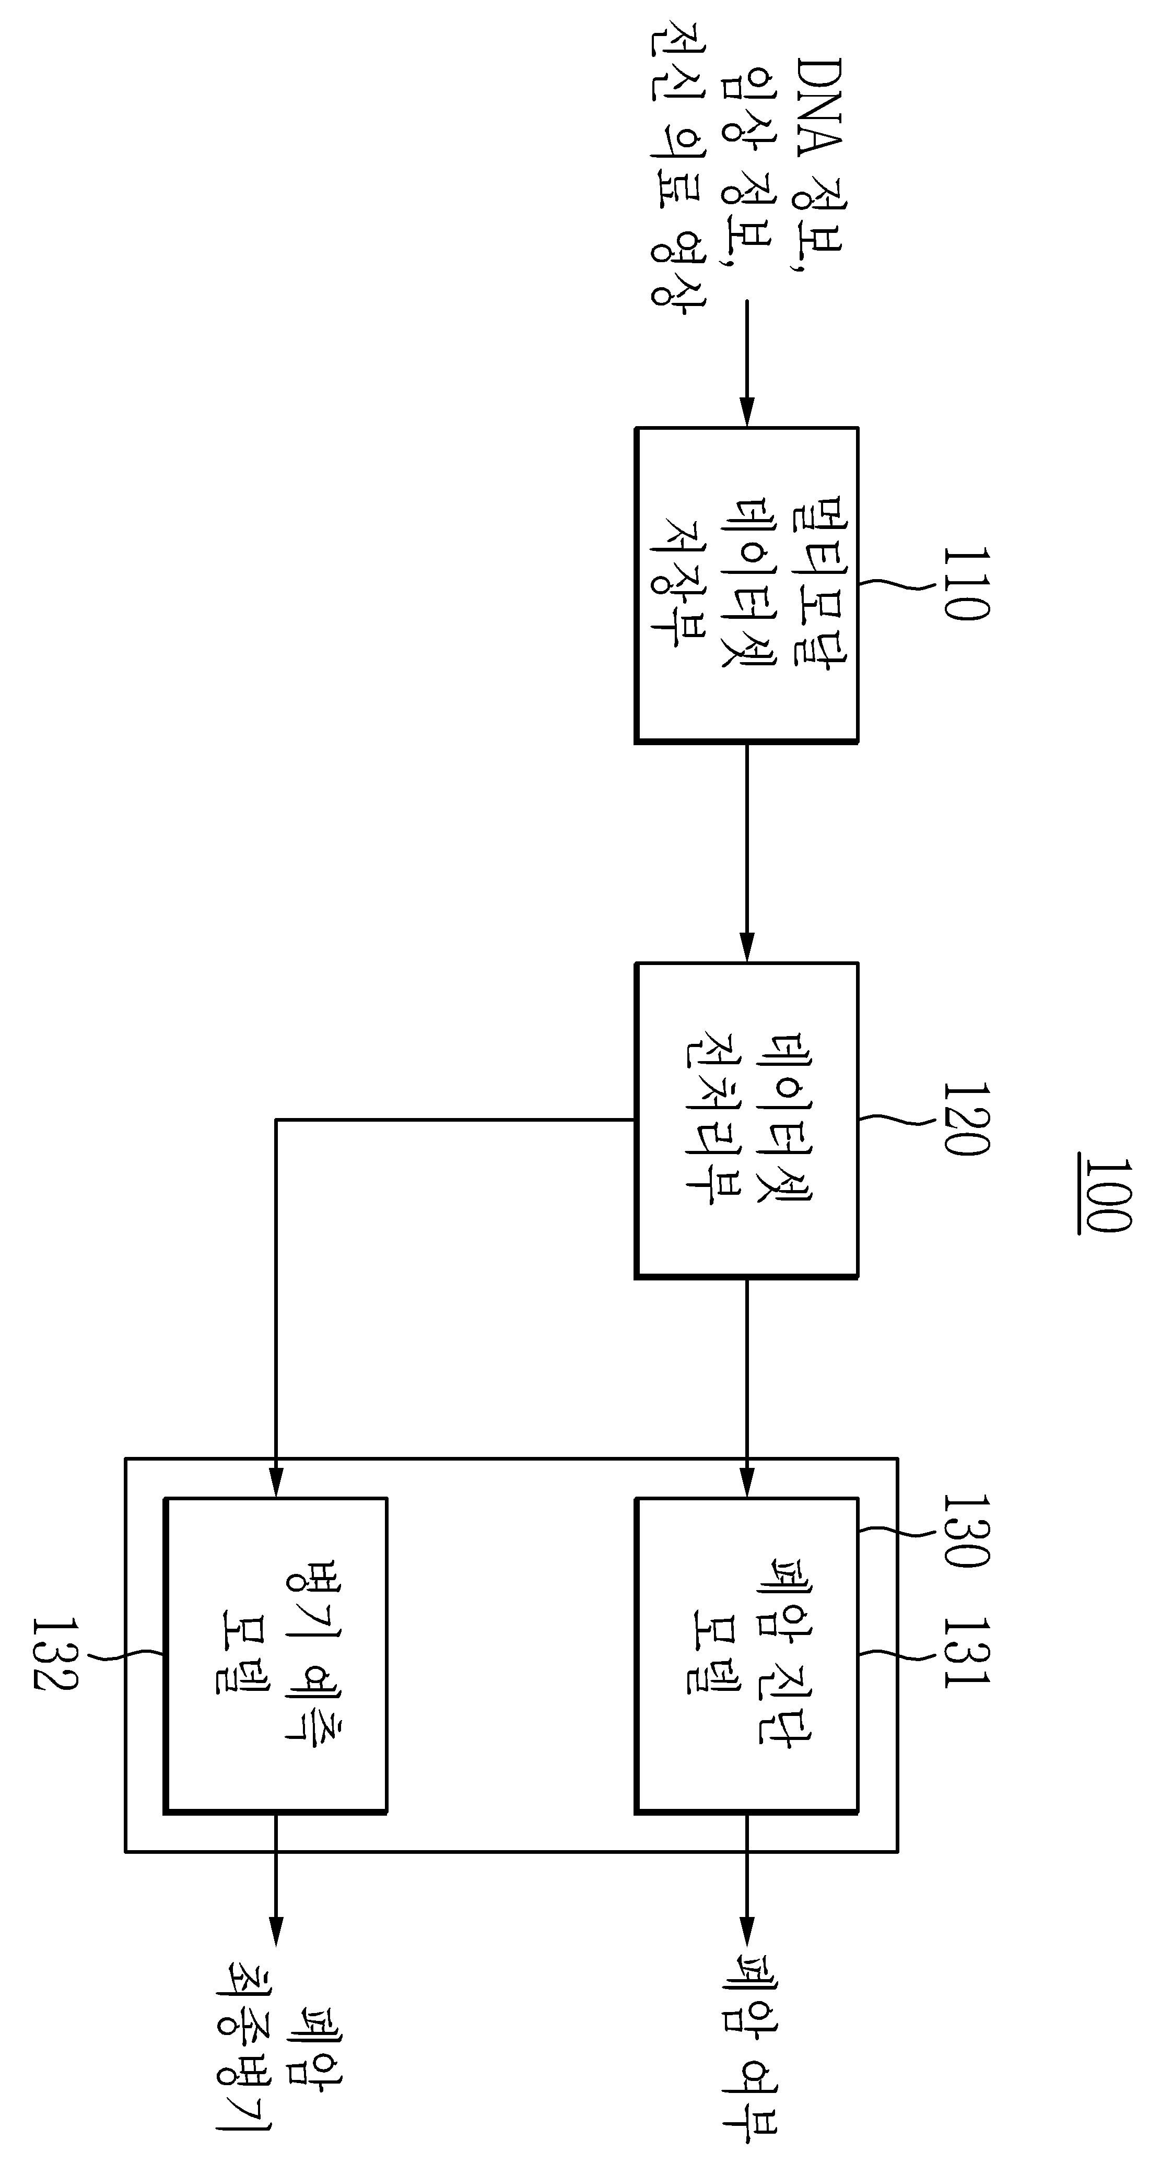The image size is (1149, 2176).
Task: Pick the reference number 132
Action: click(56, 1653)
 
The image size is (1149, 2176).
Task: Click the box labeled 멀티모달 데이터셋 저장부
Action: click(747, 584)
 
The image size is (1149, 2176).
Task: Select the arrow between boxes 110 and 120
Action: click(747, 852)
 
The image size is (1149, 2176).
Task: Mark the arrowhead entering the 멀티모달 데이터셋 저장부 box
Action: click(747, 411)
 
